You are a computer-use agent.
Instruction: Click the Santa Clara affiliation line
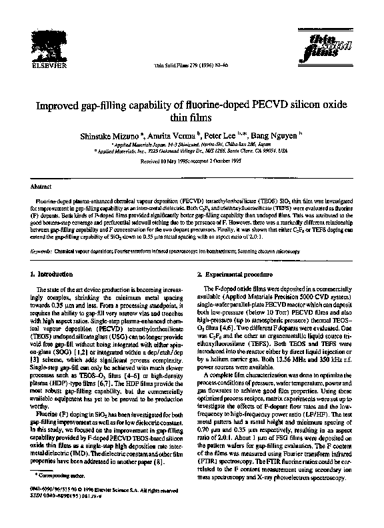[x=191, y=152]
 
